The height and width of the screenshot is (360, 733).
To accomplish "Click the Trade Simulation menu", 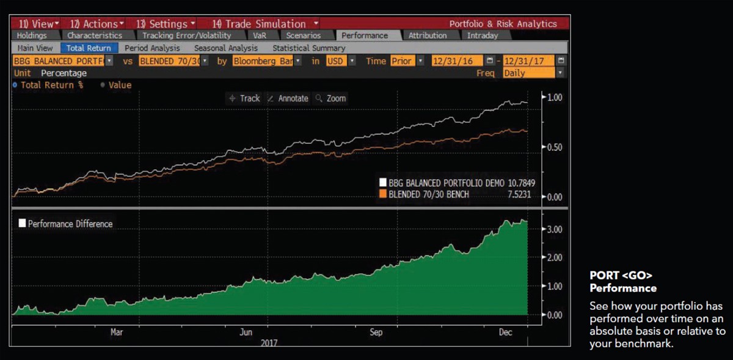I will pos(259,24).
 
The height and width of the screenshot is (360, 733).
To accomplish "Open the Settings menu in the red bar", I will pos(166,24).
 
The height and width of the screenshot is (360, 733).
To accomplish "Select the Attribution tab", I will pos(428,35).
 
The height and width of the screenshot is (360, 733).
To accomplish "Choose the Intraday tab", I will pos(482,35).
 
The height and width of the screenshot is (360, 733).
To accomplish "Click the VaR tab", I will pos(260,35).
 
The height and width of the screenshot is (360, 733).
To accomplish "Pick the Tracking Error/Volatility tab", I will pos(186,35).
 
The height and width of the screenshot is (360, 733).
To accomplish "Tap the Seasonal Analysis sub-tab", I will pos(225,48).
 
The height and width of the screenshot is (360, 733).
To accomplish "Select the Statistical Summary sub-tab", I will pos(308,48).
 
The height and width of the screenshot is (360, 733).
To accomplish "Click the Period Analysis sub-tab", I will pos(152,48).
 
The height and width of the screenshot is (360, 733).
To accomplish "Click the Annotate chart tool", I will pos(288,98).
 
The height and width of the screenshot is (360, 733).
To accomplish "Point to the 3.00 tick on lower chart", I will pos(553,229).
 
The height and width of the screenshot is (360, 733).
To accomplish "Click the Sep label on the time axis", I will pos(376,332).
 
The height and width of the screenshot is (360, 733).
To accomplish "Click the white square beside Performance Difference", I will pos(22,224).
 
